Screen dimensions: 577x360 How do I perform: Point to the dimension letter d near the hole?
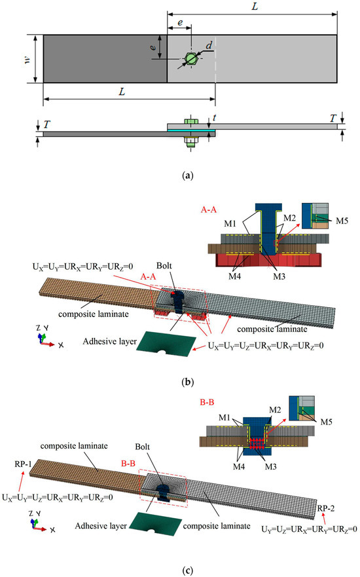pyautogui.click(x=207, y=47)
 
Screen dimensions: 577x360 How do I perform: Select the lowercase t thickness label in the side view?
pyautogui.click(x=208, y=120)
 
